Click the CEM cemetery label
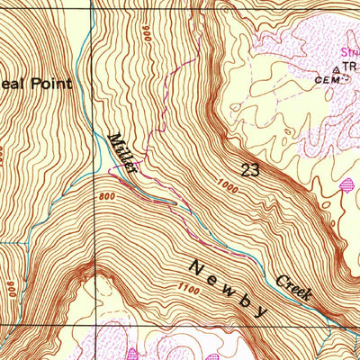(x=325, y=79)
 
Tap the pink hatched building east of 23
(x=347, y=186)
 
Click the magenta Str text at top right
(x=349, y=52)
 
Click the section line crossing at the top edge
(x=92, y=3)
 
